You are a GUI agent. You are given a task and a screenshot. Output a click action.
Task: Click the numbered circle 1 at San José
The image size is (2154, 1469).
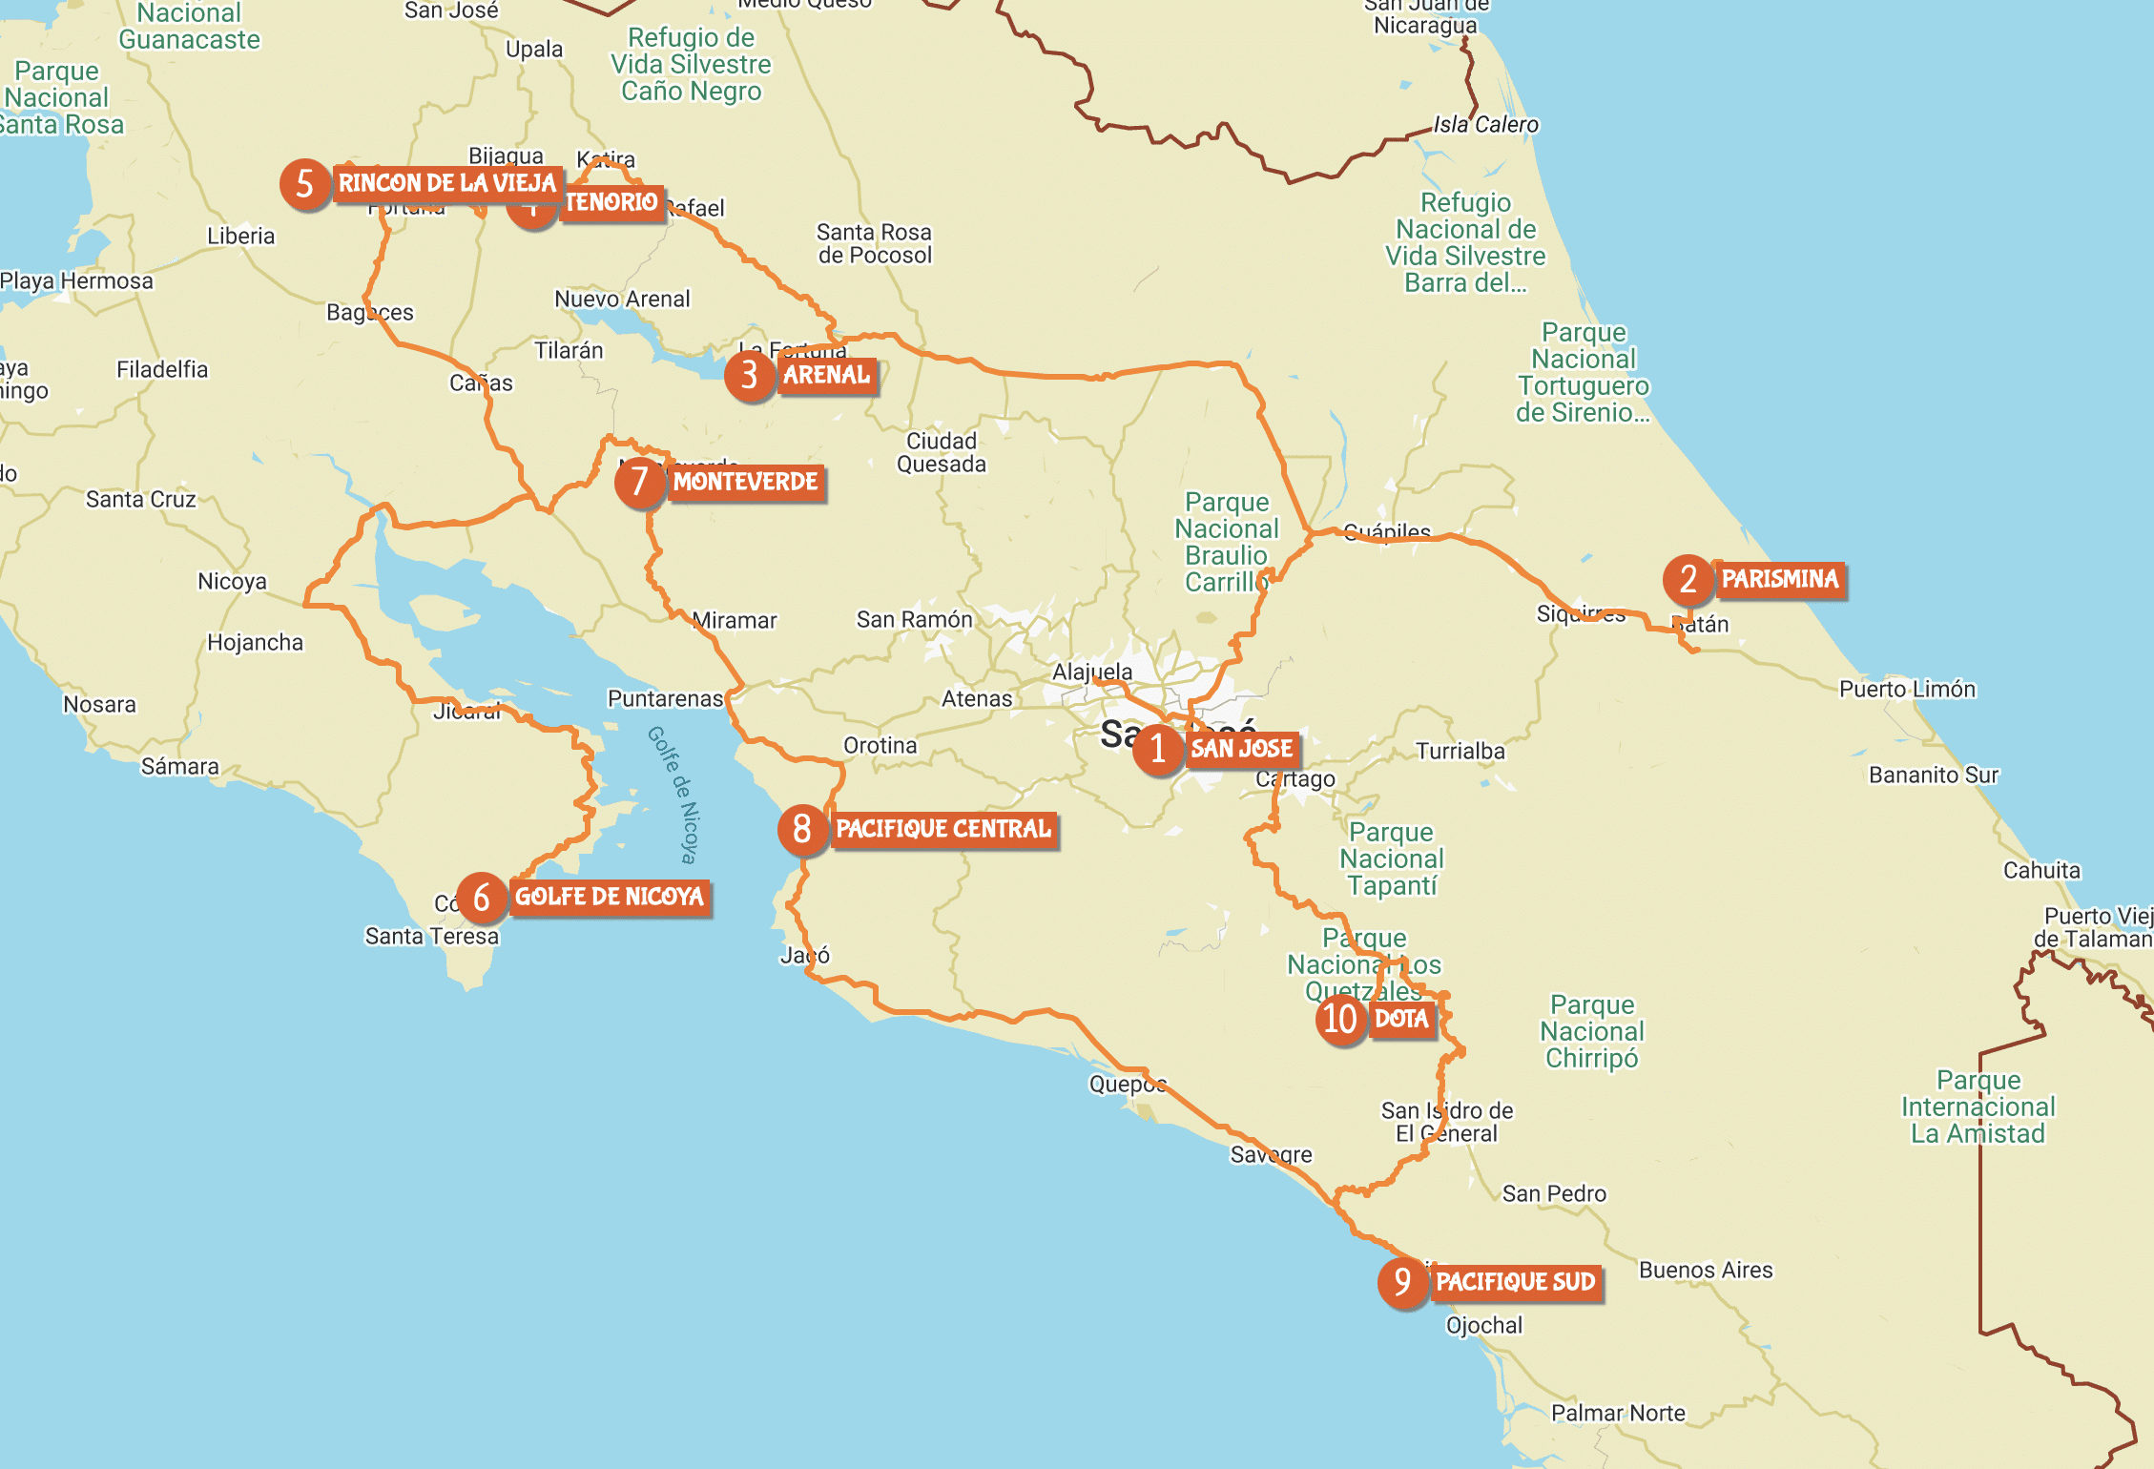[1157, 749]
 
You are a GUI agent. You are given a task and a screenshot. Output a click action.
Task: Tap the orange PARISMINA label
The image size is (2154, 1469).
[1779, 579]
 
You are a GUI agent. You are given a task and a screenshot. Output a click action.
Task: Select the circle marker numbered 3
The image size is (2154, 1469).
[749, 375]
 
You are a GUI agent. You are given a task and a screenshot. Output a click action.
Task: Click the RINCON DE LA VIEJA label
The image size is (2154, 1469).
[446, 183]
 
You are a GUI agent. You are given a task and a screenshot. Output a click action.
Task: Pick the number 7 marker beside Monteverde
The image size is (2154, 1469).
[639, 482]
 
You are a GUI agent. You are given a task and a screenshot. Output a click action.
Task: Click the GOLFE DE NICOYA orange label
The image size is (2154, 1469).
[610, 897]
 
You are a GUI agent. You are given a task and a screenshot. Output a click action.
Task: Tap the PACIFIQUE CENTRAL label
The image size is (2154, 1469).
[943, 829]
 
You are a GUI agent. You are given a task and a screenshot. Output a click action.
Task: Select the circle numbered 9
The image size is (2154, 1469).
[1402, 1282]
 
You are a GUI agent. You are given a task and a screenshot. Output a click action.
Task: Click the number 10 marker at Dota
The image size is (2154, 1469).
[1340, 1019]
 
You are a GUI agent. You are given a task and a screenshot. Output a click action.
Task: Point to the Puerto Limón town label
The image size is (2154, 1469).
[1907, 689]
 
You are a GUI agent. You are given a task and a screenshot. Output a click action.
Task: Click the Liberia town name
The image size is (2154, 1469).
[240, 236]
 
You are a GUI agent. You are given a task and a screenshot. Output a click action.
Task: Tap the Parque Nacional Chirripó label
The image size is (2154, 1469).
[1591, 1031]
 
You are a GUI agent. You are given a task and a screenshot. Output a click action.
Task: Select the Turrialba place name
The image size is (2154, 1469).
[1460, 751]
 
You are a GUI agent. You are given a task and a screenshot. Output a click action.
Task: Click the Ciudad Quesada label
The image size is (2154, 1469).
[941, 452]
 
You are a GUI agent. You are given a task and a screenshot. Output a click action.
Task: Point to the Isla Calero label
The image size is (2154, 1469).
[1485, 124]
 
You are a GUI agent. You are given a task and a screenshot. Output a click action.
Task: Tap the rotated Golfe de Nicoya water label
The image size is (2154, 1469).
[673, 794]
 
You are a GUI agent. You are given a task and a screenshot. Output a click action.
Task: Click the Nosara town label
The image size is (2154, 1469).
[99, 704]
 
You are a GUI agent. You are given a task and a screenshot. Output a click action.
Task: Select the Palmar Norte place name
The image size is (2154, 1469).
[1618, 1413]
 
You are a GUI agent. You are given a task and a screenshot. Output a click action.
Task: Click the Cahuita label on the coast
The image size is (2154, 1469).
[2040, 870]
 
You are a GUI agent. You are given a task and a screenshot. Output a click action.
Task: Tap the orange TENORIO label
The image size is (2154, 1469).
[611, 202]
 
